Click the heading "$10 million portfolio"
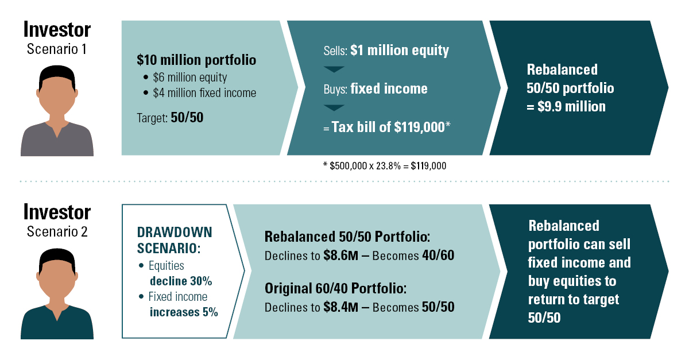[196, 60]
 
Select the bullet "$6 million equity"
[189, 77]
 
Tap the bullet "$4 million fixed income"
[204, 92]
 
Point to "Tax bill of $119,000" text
[389, 127]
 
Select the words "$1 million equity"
[400, 51]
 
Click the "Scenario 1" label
[57, 49]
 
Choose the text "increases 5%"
[184, 312]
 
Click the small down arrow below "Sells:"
[334, 69]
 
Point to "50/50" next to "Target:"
[187, 118]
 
